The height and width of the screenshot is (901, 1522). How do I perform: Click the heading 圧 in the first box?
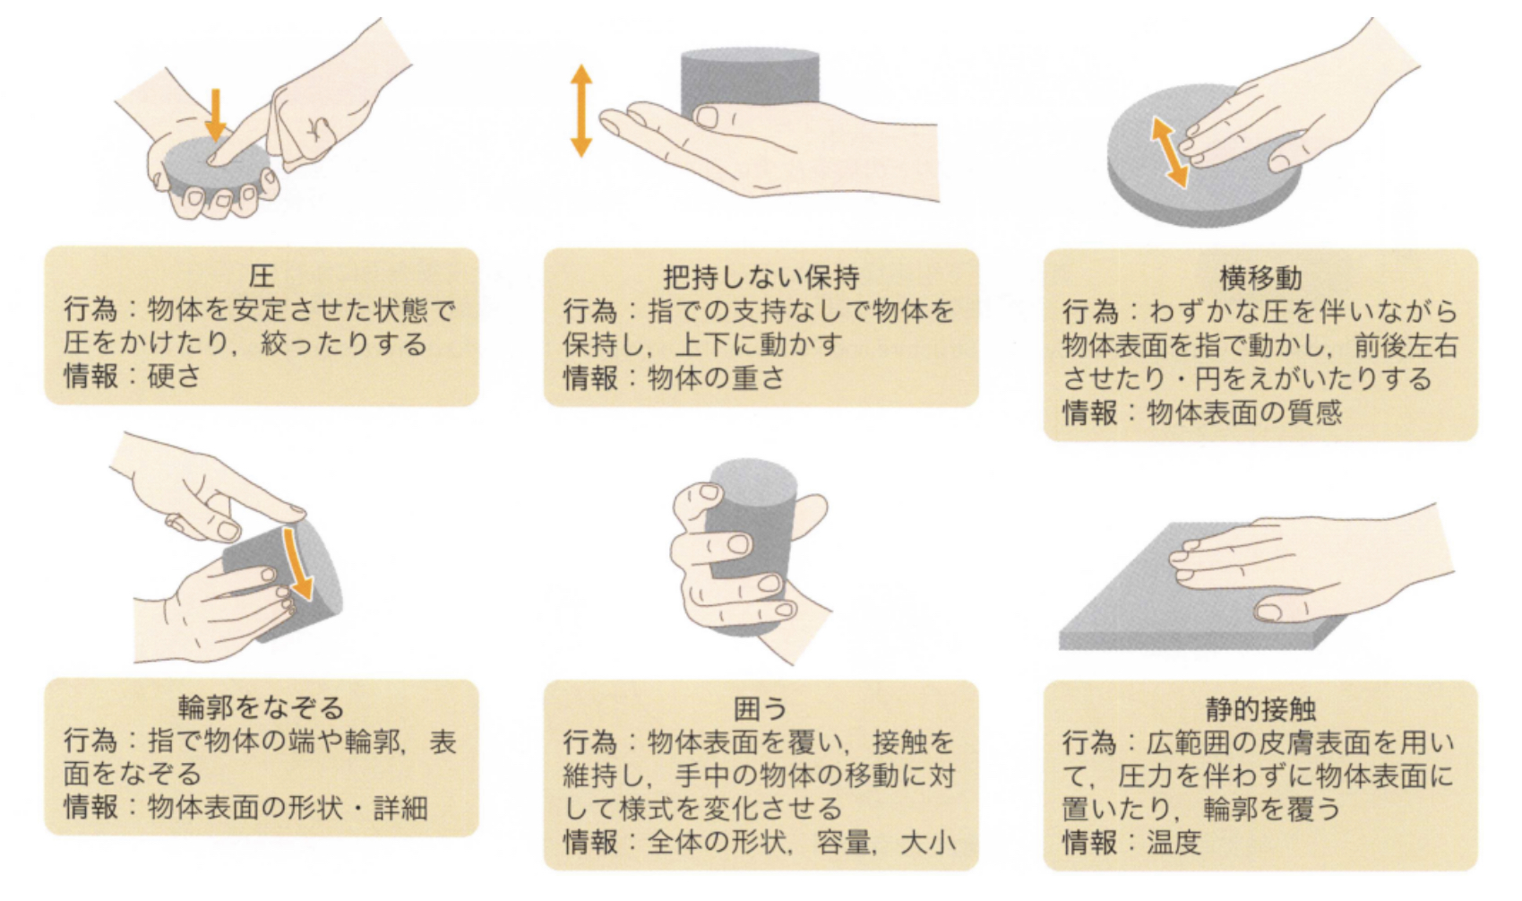pyautogui.click(x=261, y=274)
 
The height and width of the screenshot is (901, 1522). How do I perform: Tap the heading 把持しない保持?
pyautogui.click(x=761, y=277)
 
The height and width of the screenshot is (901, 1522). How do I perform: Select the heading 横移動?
pyautogui.click(x=1260, y=278)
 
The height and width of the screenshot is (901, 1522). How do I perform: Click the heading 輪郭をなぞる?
pyautogui.click(x=261, y=707)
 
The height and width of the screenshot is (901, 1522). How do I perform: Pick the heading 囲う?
pyautogui.click(x=760, y=709)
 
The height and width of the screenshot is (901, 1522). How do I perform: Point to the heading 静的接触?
pyautogui.click(x=1260, y=709)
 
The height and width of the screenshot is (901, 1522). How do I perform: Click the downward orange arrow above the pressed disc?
pyautogui.click(x=214, y=115)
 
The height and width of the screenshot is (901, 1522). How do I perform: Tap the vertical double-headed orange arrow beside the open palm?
pyautogui.click(x=581, y=110)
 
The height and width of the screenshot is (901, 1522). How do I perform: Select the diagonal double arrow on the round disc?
pyautogui.click(x=1169, y=153)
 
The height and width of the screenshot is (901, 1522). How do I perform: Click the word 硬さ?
pyautogui.click(x=174, y=377)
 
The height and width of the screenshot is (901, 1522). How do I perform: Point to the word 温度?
pyautogui.click(x=1174, y=843)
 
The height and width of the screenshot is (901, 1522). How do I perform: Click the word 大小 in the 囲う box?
pyautogui.click(x=928, y=843)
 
